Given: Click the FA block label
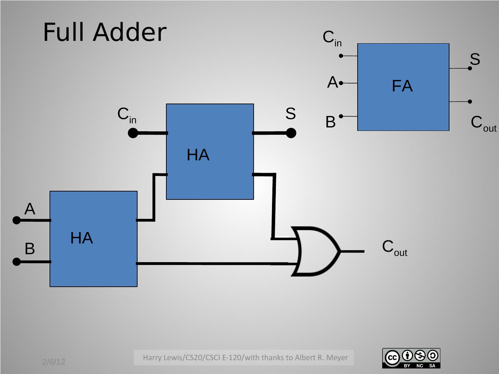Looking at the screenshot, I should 402,86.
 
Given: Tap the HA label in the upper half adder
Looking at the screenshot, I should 198,155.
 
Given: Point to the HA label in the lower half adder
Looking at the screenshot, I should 81,238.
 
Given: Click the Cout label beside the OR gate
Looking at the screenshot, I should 394,248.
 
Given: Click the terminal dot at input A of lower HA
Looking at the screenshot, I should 16,220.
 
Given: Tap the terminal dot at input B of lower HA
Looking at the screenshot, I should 16,262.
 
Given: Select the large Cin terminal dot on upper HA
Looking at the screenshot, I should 133,133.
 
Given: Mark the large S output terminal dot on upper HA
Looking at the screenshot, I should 291,133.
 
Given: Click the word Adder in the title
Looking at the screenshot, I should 130,32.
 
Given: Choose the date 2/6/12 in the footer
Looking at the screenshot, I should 54,362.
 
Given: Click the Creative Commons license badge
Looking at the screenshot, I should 411,358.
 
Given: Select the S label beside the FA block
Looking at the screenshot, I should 475,59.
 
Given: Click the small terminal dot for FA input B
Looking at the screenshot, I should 341,116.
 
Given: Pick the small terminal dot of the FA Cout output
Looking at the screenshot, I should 470,101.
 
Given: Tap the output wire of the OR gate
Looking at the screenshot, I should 353,251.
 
